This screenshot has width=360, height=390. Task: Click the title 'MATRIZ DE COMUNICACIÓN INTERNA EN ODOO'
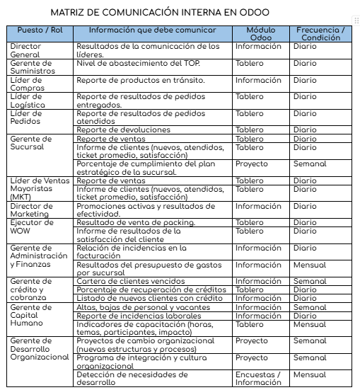click(x=160, y=13)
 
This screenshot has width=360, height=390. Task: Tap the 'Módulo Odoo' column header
click(x=261, y=33)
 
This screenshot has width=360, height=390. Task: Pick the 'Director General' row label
click(x=26, y=50)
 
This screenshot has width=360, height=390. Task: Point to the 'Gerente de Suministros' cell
click(x=33, y=67)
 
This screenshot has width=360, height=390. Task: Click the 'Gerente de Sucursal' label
click(x=28, y=143)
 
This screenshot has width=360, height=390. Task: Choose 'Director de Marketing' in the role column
click(x=31, y=210)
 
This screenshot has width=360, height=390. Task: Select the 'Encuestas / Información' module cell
click(x=258, y=379)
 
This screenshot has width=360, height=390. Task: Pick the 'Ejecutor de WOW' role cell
click(x=28, y=226)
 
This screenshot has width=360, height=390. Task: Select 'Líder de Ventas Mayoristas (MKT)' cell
click(x=40, y=188)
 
